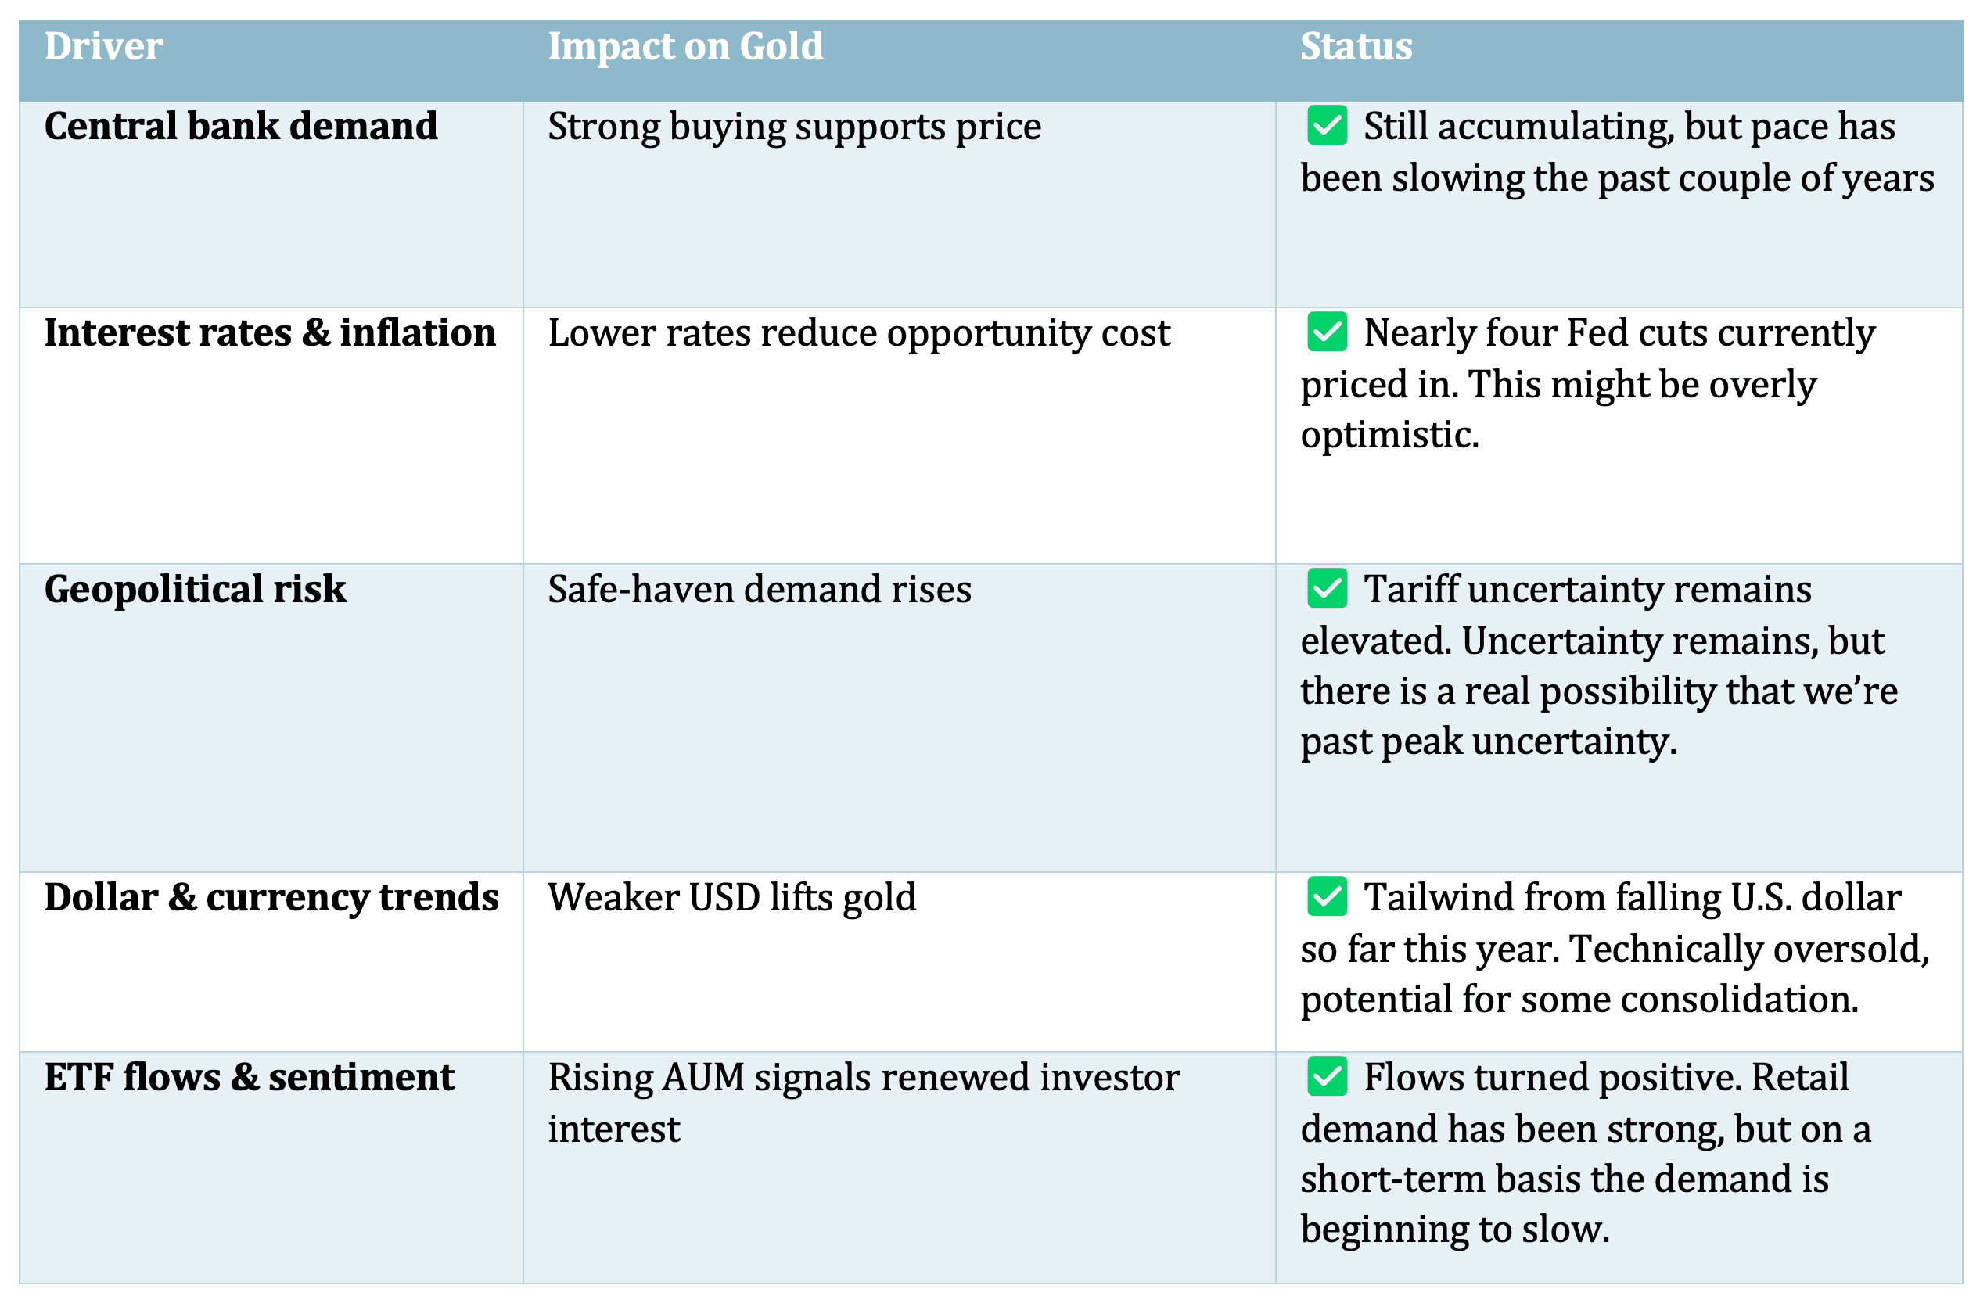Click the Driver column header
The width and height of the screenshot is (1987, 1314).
tap(103, 47)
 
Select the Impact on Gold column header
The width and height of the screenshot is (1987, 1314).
tap(684, 47)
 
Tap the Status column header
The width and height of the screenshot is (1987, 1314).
tap(1355, 47)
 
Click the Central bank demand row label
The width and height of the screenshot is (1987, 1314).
tap(240, 127)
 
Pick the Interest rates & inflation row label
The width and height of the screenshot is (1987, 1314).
tap(269, 332)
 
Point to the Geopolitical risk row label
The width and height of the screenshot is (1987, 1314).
tap(195, 589)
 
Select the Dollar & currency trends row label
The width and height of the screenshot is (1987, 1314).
tap(271, 898)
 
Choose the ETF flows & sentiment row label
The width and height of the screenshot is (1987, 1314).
tap(249, 1078)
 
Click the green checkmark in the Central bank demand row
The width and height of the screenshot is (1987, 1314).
tap(1327, 126)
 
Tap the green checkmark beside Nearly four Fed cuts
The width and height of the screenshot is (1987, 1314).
tap(1327, 332)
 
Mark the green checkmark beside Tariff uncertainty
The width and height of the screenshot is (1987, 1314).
tap(1327, 588)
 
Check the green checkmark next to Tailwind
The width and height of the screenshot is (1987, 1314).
tap(1327, 896)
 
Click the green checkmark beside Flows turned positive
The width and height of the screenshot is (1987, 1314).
tap(1327, 1077)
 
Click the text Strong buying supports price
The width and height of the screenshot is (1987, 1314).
tap(794, 127)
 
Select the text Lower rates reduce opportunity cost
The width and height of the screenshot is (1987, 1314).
tap(858, 333)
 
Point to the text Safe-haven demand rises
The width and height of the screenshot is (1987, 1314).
tap(760, 590)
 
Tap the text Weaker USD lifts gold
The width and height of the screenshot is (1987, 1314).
tap(731, 899)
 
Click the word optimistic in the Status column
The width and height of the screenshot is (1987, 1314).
tap(1389, 436)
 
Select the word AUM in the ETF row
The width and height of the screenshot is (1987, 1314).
tap(702, 1079)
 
